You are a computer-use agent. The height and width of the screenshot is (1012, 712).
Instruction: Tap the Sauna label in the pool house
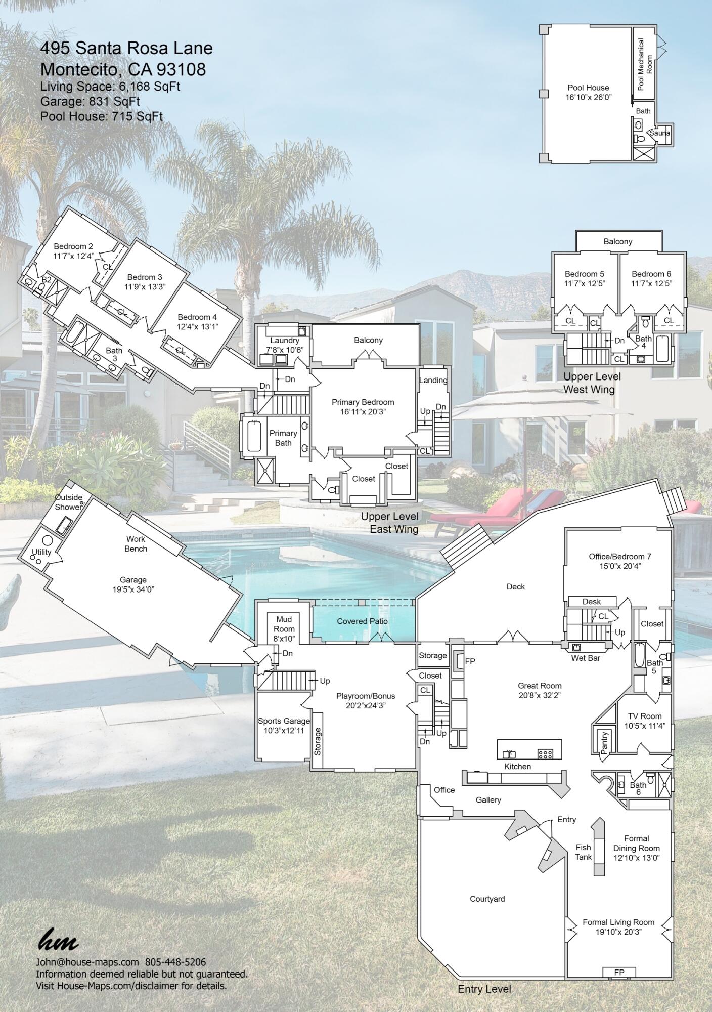tap(659, 133)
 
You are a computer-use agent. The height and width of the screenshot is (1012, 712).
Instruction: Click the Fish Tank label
tap(583, 852)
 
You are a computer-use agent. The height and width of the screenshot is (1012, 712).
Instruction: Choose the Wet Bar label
tap(586, 658)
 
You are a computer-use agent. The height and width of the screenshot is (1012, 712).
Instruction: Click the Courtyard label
tap(487, 899)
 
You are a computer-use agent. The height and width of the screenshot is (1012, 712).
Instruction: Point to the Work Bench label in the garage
tap(136, 544)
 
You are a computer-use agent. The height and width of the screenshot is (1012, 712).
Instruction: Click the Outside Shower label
tap(69, 502)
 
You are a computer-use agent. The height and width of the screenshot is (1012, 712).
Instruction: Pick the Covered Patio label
tap(362, 621)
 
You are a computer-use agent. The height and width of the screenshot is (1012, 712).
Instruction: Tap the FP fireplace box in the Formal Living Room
tap(619, 972)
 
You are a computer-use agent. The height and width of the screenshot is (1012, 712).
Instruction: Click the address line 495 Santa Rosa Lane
tap(126, 49)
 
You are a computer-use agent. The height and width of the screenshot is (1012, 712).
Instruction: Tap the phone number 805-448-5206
tap(175, 962)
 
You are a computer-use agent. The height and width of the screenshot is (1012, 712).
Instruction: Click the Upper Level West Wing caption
tap(592, 383)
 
